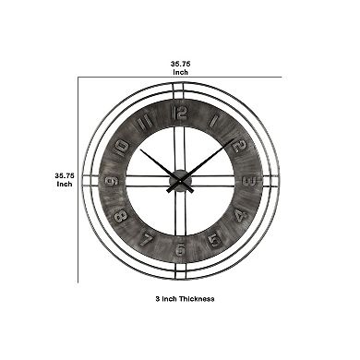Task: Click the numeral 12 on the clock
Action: click(x=179, y=114)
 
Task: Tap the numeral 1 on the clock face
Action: click(x=213, y=122)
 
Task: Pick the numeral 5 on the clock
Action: click(x=213, y=242)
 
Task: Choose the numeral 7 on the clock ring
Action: click(x=145, y=241)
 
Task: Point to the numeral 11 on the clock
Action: click(x=144, y=121)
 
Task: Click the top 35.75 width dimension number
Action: click(x=180, y=64)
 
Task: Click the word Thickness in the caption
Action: click(x=198, y=299)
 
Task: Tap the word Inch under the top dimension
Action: click(x=180, y=71)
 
